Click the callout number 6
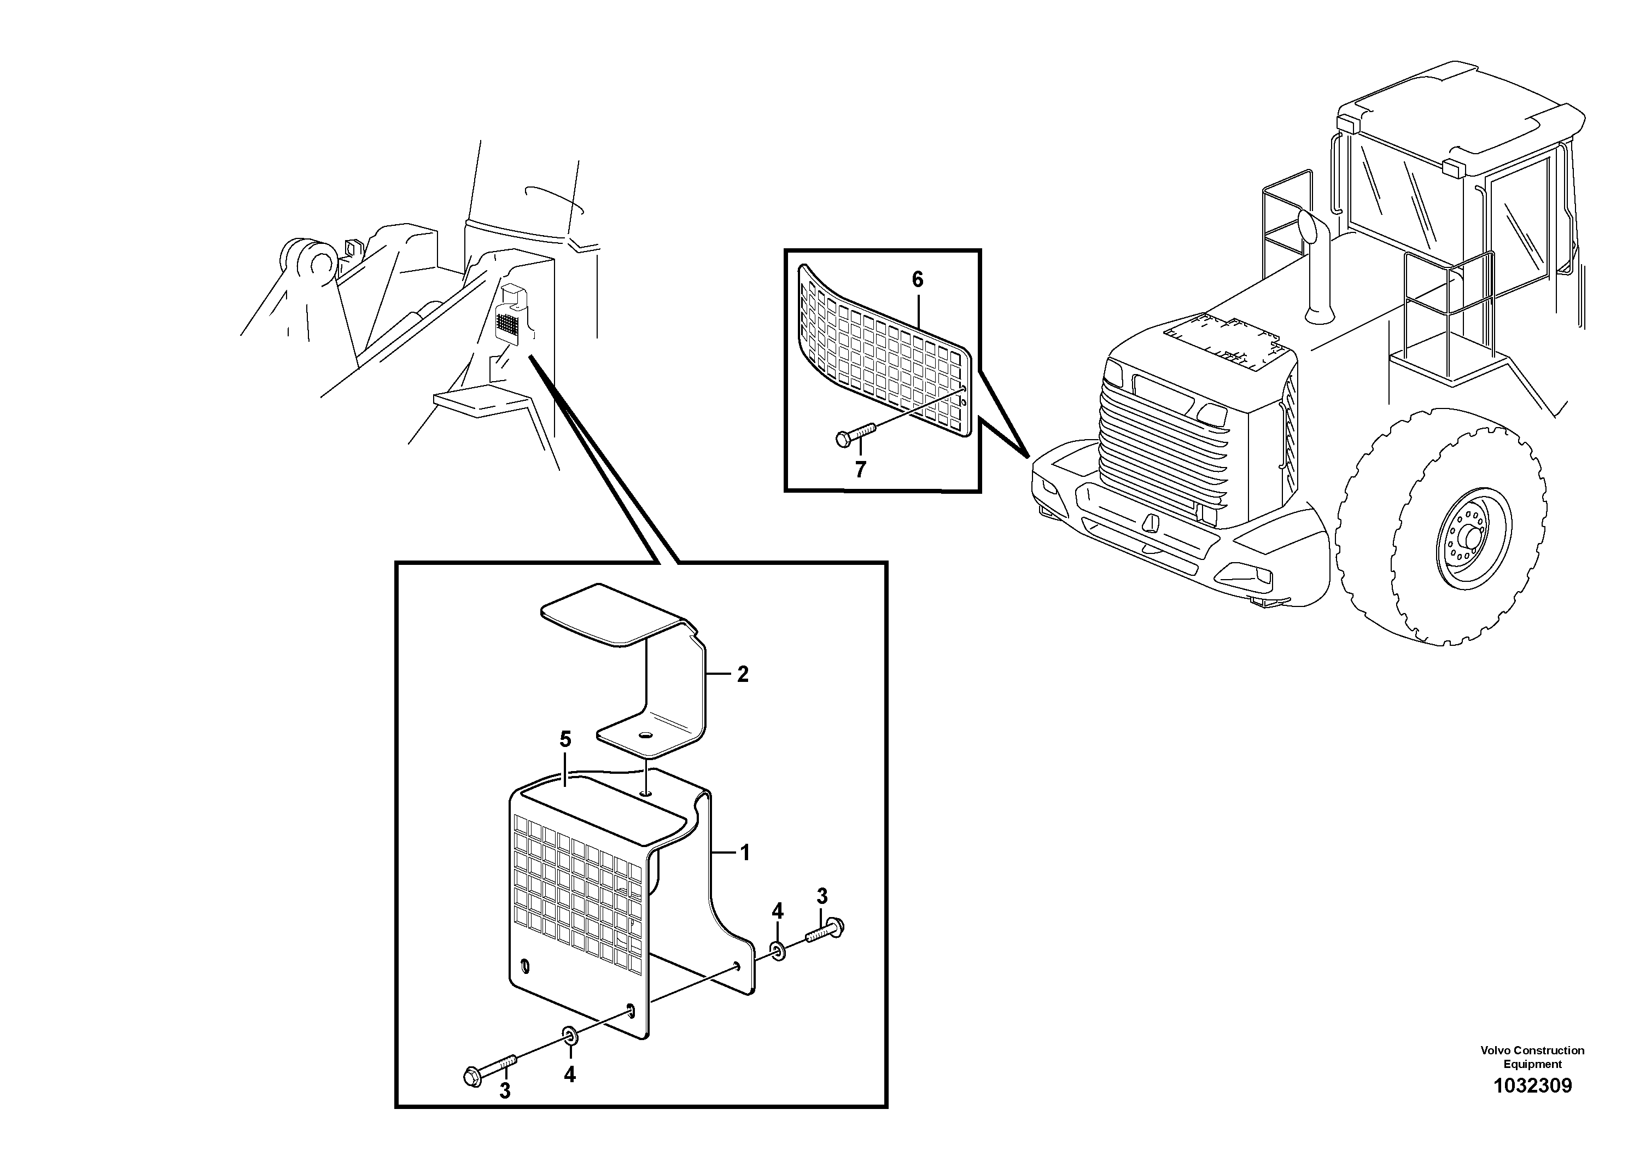tap(918, 280)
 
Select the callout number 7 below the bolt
tap(860, 469)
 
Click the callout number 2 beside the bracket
tap(743, 674)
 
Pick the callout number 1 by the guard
tap(744, 852)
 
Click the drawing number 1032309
tap(1532, 1085)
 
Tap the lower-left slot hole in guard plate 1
tap(524, 966)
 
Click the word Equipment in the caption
tap(1532, 1064)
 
